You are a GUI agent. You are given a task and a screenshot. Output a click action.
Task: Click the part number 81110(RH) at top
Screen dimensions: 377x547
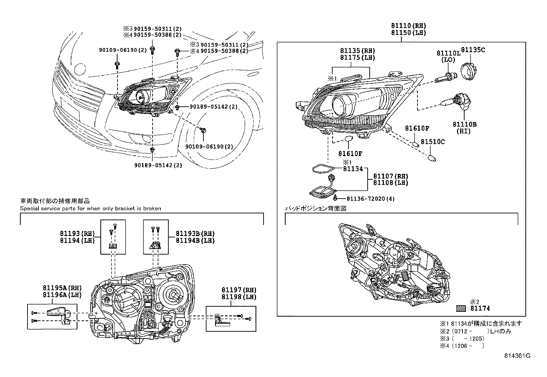[408, 25]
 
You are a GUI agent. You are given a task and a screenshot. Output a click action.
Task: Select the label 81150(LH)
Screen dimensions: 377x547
[408, 33]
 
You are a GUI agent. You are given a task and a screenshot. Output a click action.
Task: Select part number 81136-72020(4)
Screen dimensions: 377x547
[366, 199]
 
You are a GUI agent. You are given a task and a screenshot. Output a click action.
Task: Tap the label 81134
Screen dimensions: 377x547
[353, 169]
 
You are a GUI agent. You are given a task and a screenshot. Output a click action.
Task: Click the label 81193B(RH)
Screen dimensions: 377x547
[195, 234]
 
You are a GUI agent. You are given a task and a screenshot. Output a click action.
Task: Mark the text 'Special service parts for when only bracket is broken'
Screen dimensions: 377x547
[90, 208]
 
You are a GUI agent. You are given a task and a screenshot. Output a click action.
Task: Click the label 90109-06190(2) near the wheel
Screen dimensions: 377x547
[209, 146]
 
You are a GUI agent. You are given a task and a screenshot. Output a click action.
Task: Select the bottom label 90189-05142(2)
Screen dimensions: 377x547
[158, 165]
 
